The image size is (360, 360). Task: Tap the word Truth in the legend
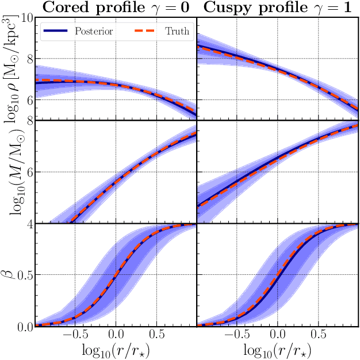pyautogui.click(x=177, y=32)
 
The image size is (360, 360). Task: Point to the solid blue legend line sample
pyautogui.click(x=56, y=32)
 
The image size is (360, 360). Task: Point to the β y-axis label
pyautogui.click(x=10, y=275)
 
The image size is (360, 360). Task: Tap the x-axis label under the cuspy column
pyautogui.click(x=277, y=350)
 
